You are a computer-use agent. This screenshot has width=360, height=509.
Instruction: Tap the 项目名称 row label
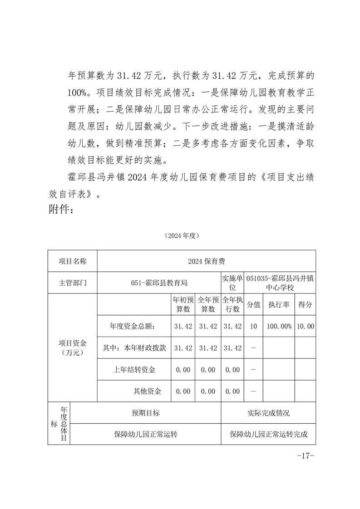click(x=73, y=261)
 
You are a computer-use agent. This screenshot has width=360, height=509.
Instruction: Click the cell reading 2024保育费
click(x=207, y=261)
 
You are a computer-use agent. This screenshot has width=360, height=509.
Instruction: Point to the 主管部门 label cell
click(x=73, y=283)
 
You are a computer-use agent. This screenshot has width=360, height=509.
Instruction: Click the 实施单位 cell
click(x=232, y=283)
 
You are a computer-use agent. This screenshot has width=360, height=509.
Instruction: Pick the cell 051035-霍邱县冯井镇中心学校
click(x=280, y=283)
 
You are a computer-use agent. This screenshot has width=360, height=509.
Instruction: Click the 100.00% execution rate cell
click(x=279, y=326)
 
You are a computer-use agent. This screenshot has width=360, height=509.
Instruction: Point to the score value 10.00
click(x=305, y=326)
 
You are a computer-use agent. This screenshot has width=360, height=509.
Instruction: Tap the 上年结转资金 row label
click(x=134, y=370)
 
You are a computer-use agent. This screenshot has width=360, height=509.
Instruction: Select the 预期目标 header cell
click(x=145, y=413)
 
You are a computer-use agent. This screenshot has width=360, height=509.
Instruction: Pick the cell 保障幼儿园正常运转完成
click(x=268, y=434)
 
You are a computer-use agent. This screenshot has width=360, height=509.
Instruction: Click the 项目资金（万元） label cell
click(x=73, y=347)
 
